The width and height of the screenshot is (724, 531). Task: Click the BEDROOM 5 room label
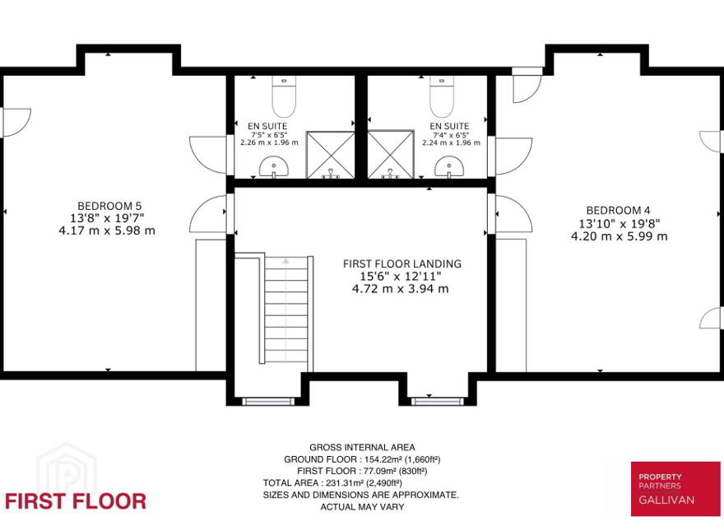pyautogui.click(x=109, y=206)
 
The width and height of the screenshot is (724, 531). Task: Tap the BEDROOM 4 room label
pyautogui.click(x=614, y=211)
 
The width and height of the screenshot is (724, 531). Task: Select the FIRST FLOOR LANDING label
pyautogui.click(x=402, y=264)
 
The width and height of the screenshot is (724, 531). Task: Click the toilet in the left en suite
pyautogui.click(x=284, y=96)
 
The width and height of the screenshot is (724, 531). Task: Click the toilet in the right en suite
pyautogui.click(x=442, y=96)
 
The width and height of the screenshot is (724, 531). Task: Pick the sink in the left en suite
pyautogui.click(x=274, y=167)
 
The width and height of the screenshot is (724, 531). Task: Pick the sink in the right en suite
pyautogui.click(x=449, y=167)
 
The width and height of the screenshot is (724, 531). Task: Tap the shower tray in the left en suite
pyautogui.click(x=331, y=155)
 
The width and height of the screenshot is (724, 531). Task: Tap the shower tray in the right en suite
pyautogui.click(x=391, y=155)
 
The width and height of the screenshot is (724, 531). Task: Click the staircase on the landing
pyautogui.click(x=286, y=310)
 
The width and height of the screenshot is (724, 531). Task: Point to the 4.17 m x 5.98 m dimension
pyautogui.click(x=107, y=231)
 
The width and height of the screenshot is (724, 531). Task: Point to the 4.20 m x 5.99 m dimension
pyautogui.click(x=620, y=236)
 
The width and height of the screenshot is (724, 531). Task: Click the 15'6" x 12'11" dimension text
pyautogui.click(x=401, y=277)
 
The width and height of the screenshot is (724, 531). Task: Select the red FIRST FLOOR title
pyautogui.click(x=76, y=501)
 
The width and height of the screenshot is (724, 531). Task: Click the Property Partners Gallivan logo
pyautogui.click(x=675, y=489)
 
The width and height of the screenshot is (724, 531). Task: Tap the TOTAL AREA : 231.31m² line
pyautogui.click(x=332, y=483)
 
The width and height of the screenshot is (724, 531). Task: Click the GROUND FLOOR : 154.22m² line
pyautogui.click(x=362, y=459)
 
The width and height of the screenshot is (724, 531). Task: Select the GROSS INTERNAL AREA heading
pyautogui.click(x=362, y=447)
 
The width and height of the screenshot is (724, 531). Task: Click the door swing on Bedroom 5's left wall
pyautogui.click(x=16, y=123)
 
